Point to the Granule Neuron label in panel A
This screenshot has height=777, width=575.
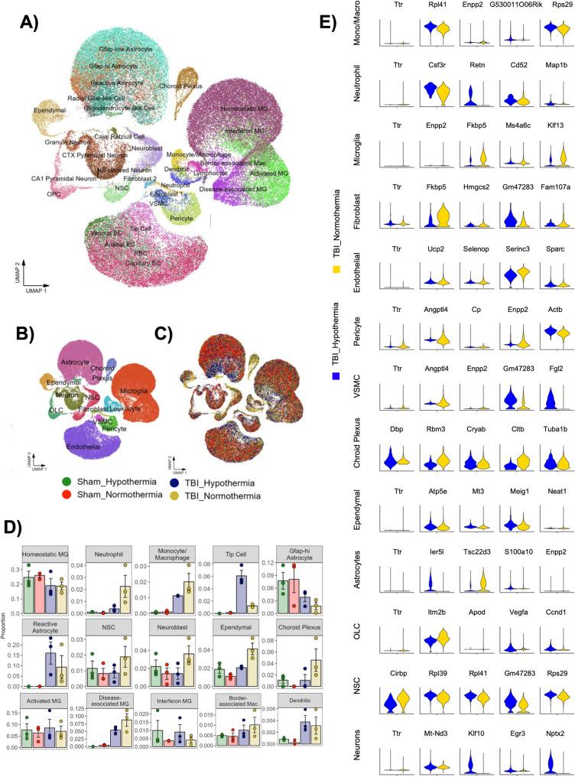pos(70,143)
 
